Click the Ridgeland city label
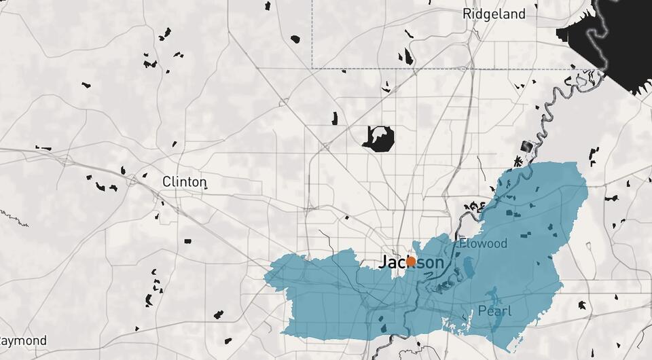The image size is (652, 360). pos(494,14)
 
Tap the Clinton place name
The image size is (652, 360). pos(184,182)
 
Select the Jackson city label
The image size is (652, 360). pos(411,262)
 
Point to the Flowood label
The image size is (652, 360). pos(483,243)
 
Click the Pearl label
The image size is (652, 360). pos(494,311)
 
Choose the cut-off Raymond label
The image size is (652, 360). pos(23,340)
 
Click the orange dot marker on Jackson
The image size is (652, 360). pos(411,262)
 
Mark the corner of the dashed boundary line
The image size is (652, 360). pos(312,68)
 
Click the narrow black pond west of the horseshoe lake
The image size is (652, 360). pos(335,119)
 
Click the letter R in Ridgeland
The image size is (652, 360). pos(467,14)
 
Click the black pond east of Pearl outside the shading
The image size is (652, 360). pos(582,306)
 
